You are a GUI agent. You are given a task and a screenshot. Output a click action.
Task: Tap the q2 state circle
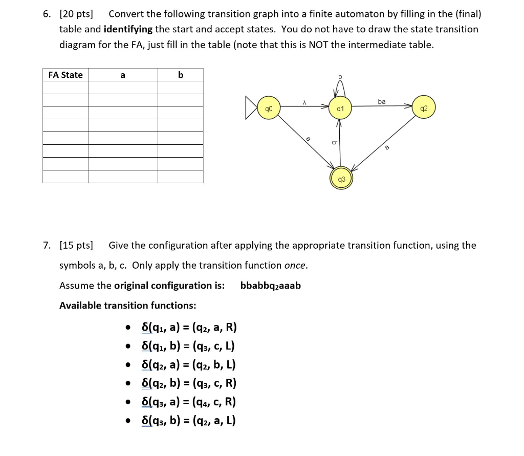[423, 108]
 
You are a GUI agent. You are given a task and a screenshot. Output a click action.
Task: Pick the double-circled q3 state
[341, 179]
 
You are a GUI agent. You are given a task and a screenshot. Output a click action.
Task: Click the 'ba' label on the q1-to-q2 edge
[382, 102]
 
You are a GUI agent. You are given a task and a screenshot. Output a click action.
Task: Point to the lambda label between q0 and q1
[304, 103]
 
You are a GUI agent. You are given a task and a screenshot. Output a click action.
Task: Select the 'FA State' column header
[65, 75]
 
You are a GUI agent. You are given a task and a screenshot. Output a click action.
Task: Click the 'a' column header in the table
[123, 75]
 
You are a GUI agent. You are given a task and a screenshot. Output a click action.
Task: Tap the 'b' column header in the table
[180, 75]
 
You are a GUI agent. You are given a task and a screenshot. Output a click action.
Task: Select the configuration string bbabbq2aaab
[270, 286]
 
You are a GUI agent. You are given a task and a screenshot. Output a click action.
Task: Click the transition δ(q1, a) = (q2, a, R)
[189, 328]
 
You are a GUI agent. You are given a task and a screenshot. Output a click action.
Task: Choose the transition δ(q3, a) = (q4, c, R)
[189, 402]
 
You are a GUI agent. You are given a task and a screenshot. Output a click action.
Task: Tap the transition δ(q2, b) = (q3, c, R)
[189, 383]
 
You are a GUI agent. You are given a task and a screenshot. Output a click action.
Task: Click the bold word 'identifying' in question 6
[128, 29]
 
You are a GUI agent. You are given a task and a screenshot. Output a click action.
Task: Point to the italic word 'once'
[295, 265]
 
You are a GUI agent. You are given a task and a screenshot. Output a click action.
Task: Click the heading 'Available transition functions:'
[127, 306]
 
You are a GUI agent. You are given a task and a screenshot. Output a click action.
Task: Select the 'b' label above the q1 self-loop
[339, 77]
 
